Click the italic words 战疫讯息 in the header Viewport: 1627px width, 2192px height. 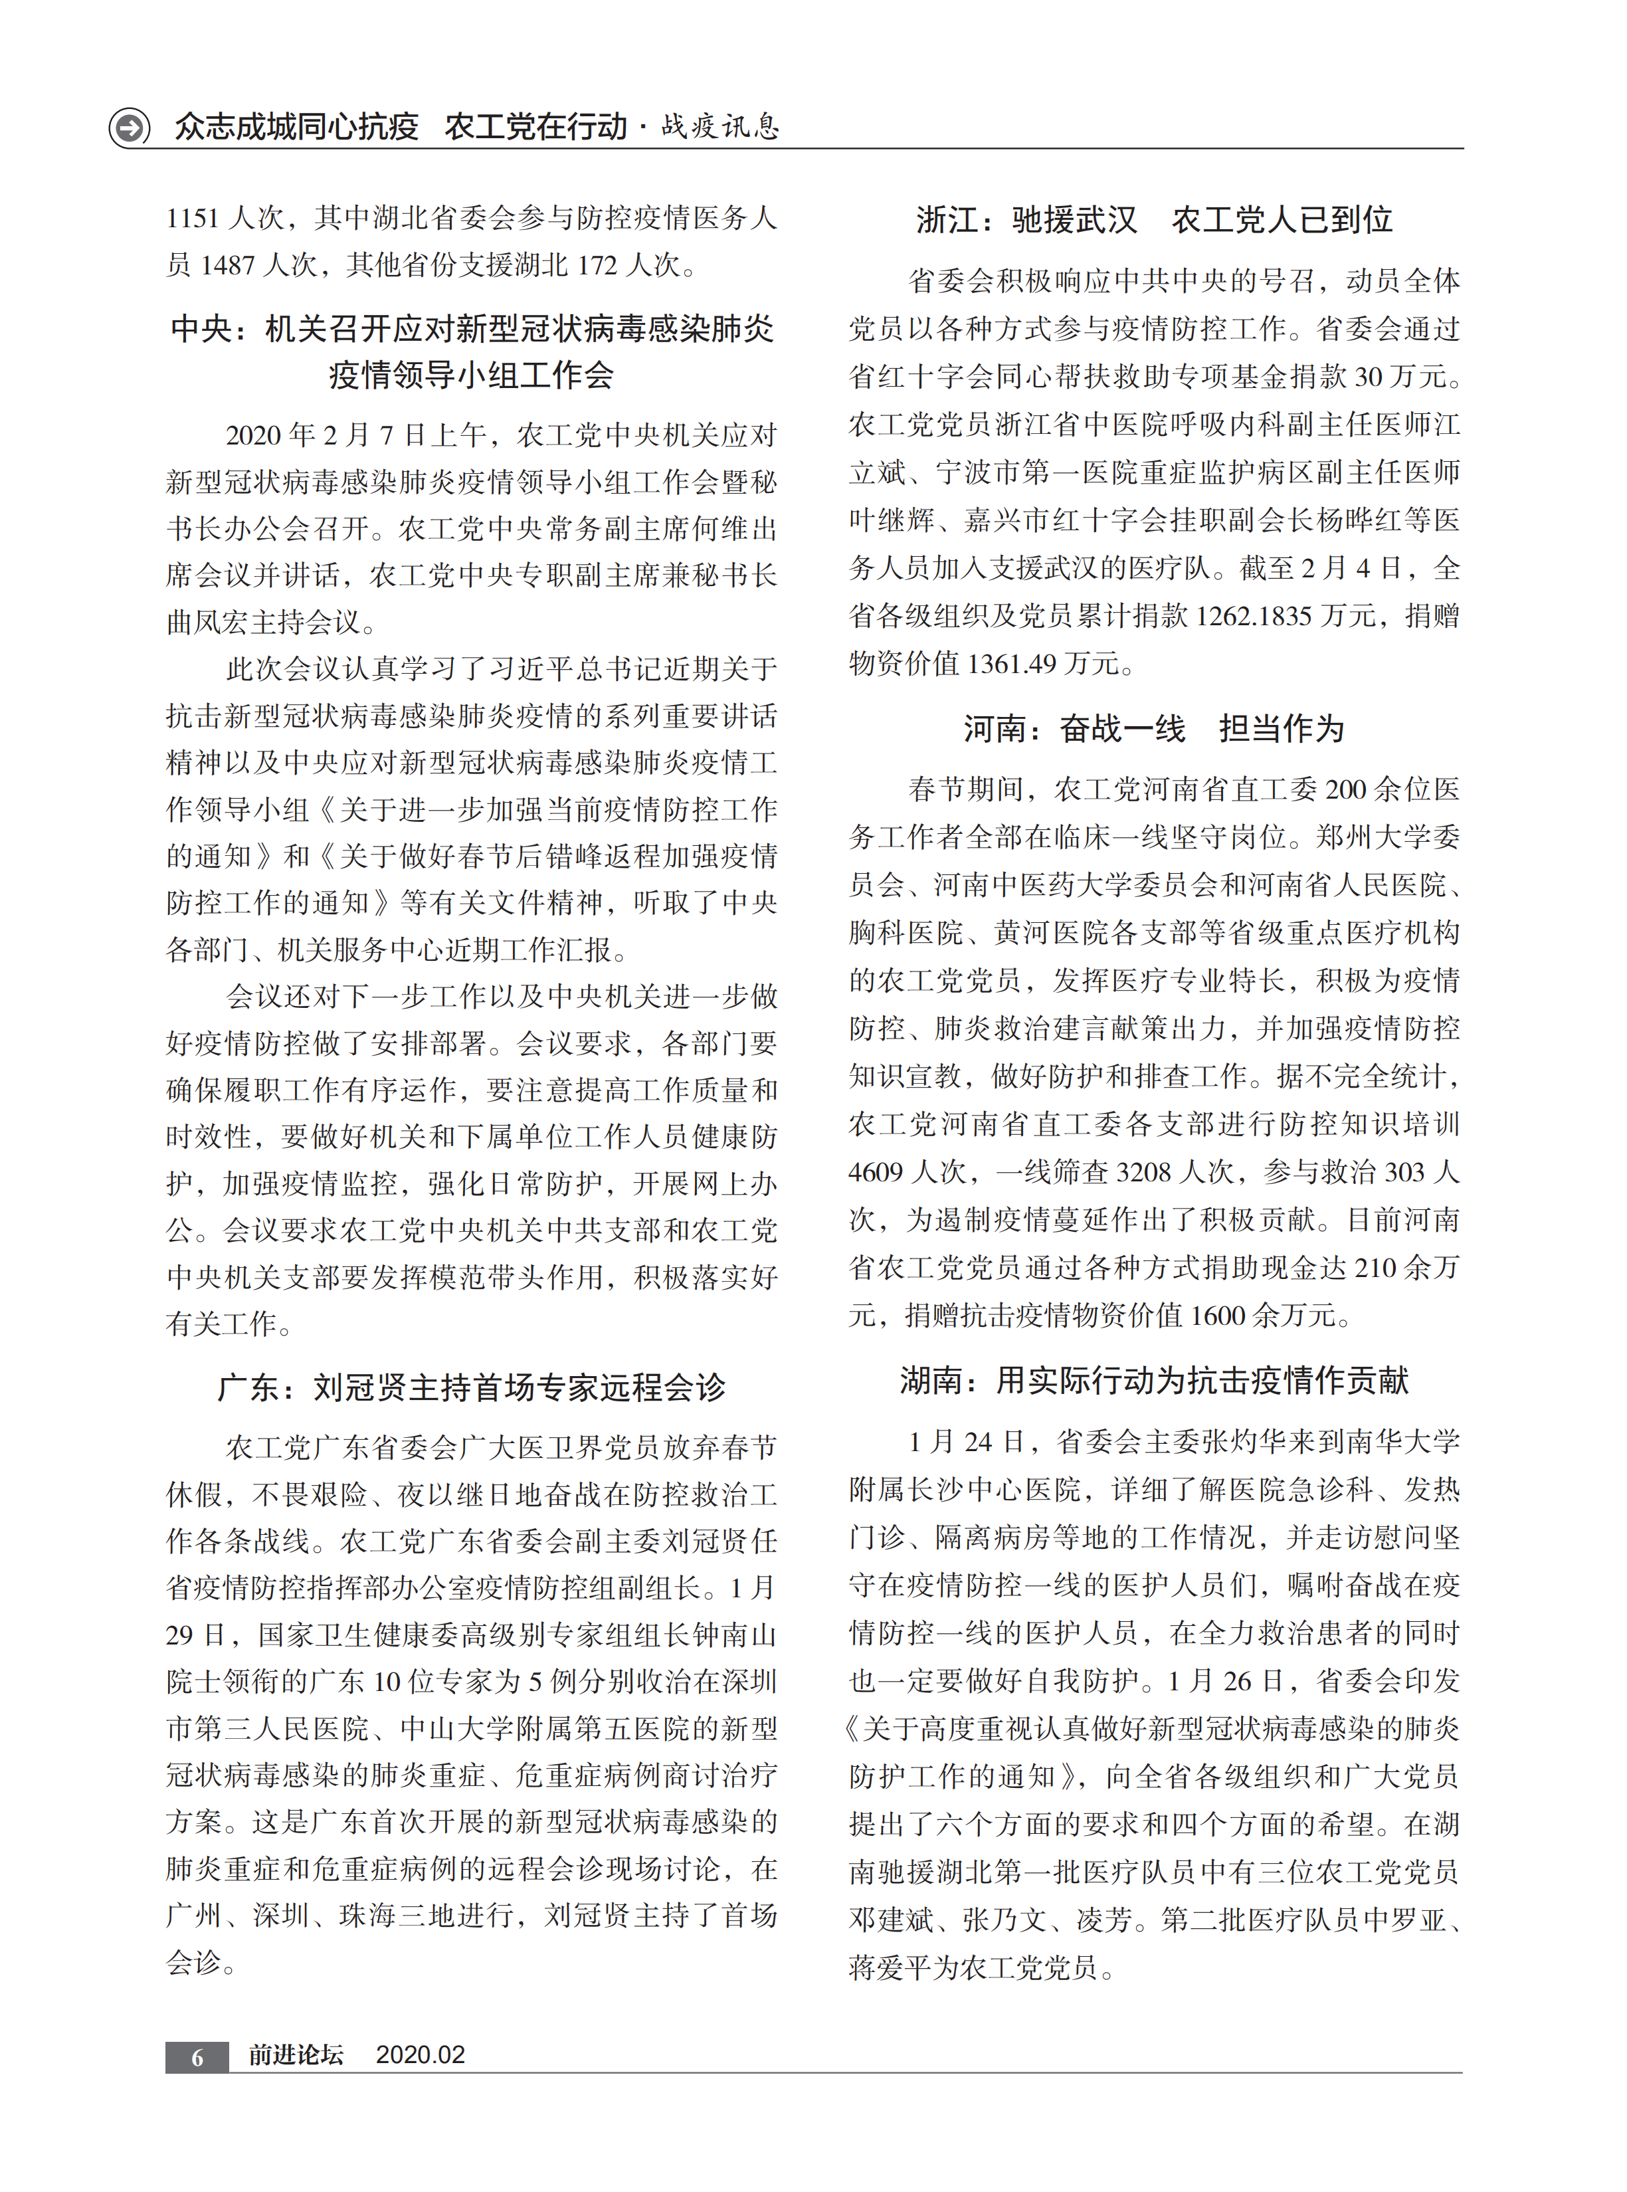tap(720, 127)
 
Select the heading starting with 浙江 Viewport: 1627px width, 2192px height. tap(1153, 219)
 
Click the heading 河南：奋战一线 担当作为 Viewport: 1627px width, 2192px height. tap(1153, 729)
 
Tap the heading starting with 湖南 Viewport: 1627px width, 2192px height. tap(1153, 1381)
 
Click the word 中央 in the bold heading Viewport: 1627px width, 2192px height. tap(202, 329)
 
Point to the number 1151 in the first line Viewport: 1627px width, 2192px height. tap(193, 219)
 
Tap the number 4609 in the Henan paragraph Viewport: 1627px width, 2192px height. tap(876, 1173)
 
